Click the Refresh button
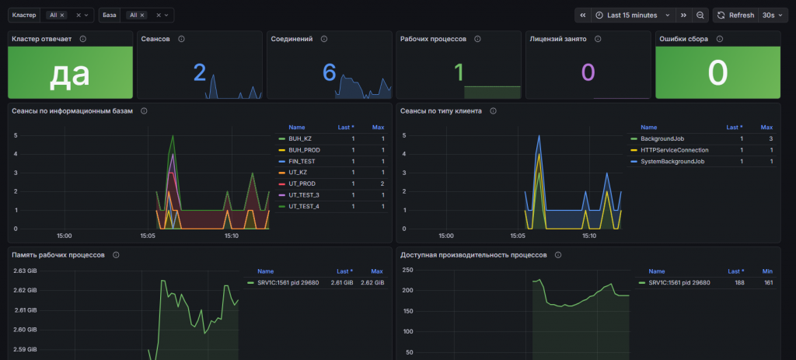[x=735, y=16]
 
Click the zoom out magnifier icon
[x=700, y=16]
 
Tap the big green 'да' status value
[x=69, y=73]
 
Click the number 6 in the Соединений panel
[x=330, y=73]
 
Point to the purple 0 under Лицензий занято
[x=588, y=72]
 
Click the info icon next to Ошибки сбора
[x=719, y=39]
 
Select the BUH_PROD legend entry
[x=304, y=150]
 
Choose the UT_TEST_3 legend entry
[x=304, y=195]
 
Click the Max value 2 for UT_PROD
[x=382, y=183]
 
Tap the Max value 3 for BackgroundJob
[x=770, y=138]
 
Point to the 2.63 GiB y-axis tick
[x=24, y=271]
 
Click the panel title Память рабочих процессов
[x=58, y=255]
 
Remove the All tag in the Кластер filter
[x=62, y=16]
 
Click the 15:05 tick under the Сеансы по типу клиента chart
[x=517, y=236]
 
